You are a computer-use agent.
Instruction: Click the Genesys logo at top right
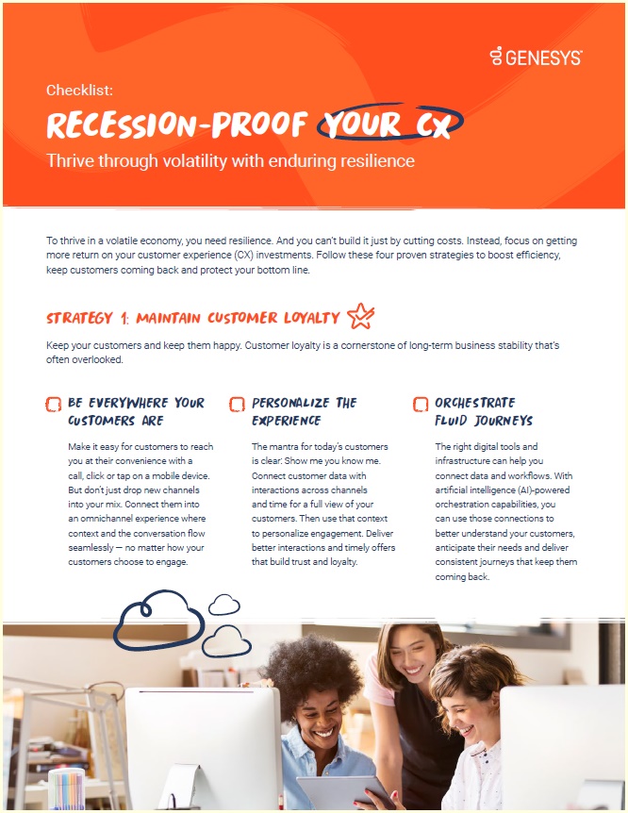point(536,57)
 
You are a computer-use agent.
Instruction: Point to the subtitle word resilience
point(371,161)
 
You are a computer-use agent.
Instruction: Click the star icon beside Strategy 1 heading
point(359,316)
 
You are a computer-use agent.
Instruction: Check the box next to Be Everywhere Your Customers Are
point(54,404)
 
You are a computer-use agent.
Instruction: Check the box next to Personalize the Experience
point(237,404)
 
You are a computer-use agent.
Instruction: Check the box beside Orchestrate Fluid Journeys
point(421,404)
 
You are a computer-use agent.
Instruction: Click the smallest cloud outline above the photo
point(223,605)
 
